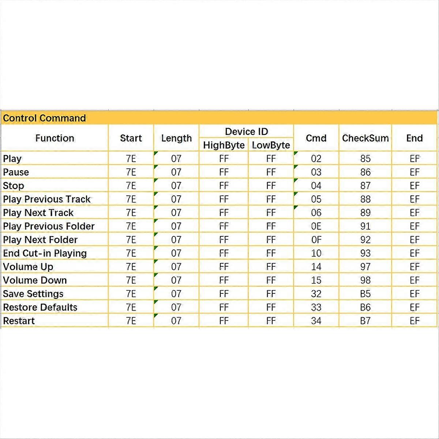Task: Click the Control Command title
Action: tap(44, 118)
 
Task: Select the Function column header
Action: tap(55, 138)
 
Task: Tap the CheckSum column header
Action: tap(365, 138)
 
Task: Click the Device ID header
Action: tap(246, 131)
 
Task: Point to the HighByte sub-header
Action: tap(224, 145)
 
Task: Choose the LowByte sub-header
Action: tap(271, 145)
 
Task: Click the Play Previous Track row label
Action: tap(47, 199)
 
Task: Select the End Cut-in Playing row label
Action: tap(45, 253)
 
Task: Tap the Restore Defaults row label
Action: tap(40, 307)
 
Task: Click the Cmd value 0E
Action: tap(316, 226)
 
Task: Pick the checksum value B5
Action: tap(365, 294)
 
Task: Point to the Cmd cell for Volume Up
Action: tap(316, 267)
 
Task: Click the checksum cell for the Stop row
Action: tap(365, 185)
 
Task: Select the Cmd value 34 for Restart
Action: tap(316, 321)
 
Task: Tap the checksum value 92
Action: tap(365, 240)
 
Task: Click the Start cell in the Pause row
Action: tap(131, 172)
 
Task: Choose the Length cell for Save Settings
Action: tap(176, 294)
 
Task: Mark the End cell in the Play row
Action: tap(414, 158)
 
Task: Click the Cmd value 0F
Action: tap(316, 240)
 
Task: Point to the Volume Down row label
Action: tap(35, 280)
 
